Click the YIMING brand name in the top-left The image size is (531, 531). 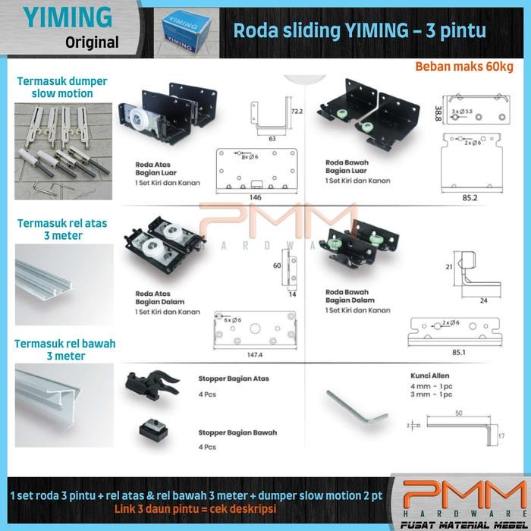68,17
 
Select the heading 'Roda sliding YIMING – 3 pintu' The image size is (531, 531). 359,31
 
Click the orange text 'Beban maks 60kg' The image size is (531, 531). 463,67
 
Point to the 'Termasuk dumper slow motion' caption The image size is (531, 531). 63,87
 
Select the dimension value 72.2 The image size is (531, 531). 298,112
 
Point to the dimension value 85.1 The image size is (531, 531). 457,351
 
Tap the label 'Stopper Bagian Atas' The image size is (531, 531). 234,379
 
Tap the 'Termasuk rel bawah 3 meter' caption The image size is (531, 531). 64,350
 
